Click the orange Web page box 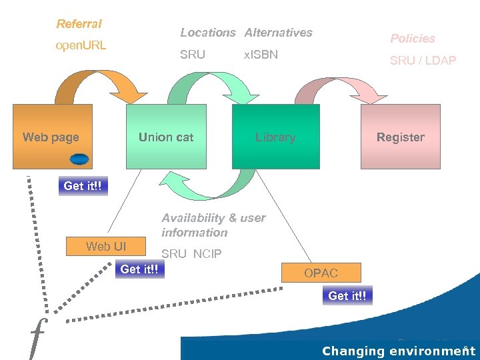52,137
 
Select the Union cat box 165,137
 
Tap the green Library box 275,137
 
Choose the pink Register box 400,137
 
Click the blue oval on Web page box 79,159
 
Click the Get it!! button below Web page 83,186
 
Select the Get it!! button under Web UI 139,269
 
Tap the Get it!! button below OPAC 347,295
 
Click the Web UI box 105,247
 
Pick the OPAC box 321,273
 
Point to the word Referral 79,24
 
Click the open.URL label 81,46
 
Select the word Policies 412,39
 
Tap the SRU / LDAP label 423,61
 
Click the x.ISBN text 261,55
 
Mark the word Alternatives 278,33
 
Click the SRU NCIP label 191,254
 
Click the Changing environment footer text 398,351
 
